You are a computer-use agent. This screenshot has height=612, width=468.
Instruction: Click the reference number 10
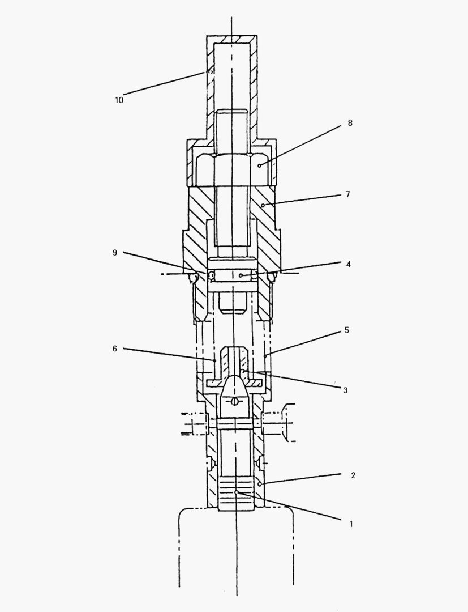click(119, 100)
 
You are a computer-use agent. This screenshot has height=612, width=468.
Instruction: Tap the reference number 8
click(350, 123)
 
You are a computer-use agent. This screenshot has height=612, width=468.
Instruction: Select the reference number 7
click(348, 194)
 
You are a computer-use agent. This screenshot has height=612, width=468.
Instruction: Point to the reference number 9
click(114, 253)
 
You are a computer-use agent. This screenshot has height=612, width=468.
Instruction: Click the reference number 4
click(349, 264)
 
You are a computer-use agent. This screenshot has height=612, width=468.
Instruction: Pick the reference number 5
click(346, 330)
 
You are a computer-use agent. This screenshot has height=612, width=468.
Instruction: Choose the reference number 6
click(114, 348)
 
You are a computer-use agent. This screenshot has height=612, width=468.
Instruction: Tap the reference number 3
click(345, 390)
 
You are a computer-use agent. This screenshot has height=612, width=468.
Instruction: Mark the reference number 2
click(353, 475)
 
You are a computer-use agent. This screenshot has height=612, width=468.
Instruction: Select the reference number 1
click(351, 524)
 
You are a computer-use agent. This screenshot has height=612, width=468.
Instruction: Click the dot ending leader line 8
click(260, 166)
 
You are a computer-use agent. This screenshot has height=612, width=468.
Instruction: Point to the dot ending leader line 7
click(263, 205)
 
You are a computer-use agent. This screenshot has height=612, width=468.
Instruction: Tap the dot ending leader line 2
click(260, 484)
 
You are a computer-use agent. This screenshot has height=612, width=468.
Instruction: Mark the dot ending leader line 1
click(236, 492)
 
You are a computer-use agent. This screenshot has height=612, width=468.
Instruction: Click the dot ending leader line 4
click(241, 275)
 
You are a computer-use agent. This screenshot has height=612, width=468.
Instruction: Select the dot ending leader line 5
click(265, 356)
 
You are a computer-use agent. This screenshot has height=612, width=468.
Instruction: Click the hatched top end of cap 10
click(232, 40)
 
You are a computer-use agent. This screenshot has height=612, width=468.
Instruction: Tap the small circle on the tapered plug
click(234, 401)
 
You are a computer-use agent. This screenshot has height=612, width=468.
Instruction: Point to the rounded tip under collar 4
click(232, 303)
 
